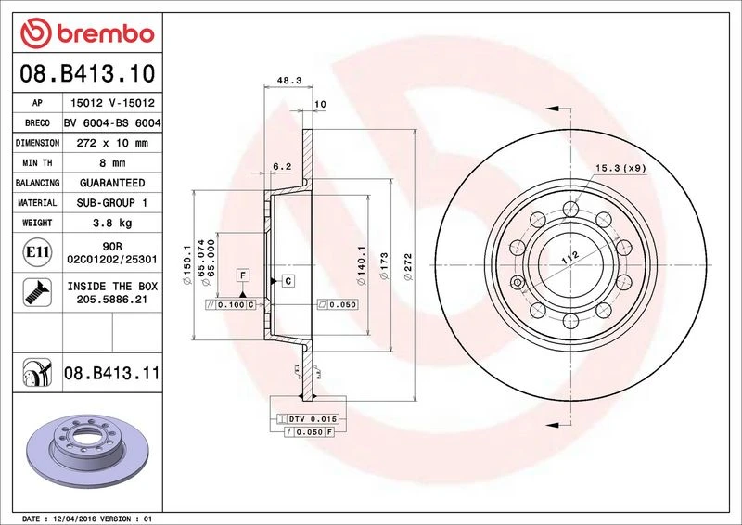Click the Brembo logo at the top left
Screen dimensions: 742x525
[x=87, y=33]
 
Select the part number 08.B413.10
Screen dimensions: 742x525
[x=87, y=73]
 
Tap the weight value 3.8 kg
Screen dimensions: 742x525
[x=112, y=223]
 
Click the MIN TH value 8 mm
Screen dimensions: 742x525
[x=112, y=163]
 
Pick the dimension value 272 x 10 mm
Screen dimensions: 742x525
[x=112, y=143]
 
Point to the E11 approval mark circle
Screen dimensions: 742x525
[x=37, y=252]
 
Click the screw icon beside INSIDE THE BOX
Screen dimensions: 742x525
[x=37, y=292]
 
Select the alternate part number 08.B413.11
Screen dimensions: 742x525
[x=112, y=373]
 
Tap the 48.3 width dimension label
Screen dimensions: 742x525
[x=289, y=81]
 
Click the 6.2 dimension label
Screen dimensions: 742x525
[x=282, y=167]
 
